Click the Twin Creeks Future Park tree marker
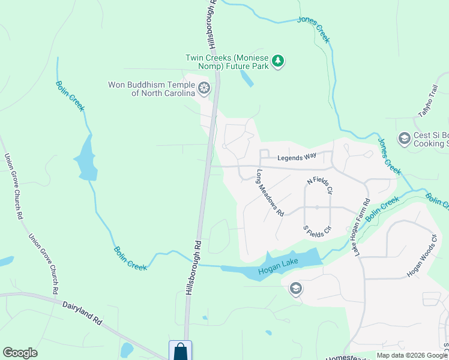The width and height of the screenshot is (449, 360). (x=277, y=61)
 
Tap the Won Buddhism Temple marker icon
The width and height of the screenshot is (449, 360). (x=204, y=89)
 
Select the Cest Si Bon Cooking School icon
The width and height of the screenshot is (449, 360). (x=404, y=139)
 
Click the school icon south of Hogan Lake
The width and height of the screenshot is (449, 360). (x=295, y=289)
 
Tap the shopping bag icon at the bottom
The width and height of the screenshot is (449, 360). (x=180, y=352)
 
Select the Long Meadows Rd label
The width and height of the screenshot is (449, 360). (x=270, y=193)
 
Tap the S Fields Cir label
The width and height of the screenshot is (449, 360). (x=318, y=229)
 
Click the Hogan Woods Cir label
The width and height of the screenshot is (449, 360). (x=422, y=254)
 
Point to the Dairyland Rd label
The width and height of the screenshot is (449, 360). (x=83, y=313)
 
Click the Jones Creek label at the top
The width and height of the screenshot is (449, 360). (x=313, y=29)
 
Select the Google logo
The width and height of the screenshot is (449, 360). (x=20, y=353)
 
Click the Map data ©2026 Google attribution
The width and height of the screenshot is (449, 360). (x=411, y=355)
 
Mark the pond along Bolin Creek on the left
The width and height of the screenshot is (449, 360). (x=86, y=158)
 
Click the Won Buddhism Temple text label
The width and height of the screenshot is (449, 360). (x=152, y=89)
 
